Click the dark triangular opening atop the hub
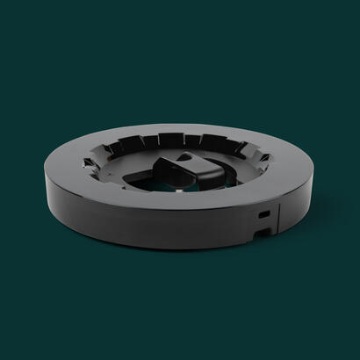click(x=187, y=159)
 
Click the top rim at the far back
click(x=189, y=123)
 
